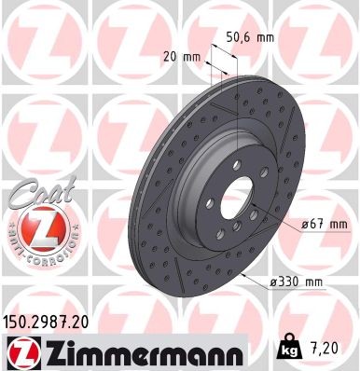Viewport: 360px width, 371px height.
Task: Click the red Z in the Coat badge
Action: click(x=37, y=228)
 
